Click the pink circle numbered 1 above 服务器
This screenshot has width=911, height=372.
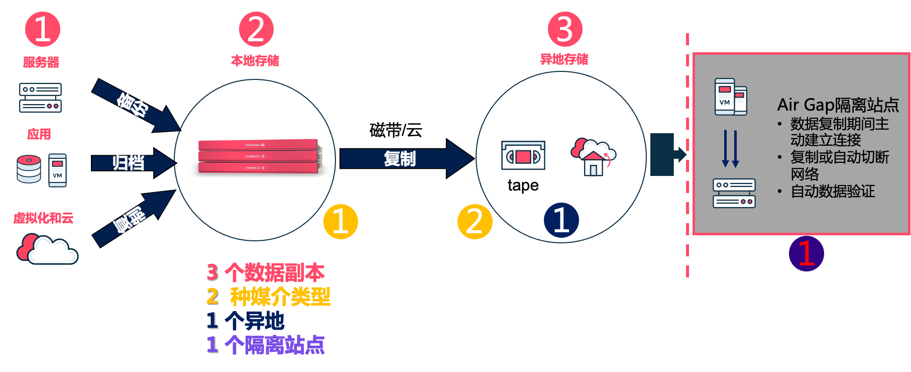tap(42, 29)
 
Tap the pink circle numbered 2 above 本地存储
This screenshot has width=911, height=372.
tap(256, 29)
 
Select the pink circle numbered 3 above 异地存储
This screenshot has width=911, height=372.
tap(565, 29)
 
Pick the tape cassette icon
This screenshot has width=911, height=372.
tap(523, 156)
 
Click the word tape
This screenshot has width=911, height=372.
tap(523, 185)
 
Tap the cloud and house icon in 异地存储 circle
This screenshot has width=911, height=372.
tap(593, 156)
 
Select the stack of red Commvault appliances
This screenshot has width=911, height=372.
tap(259, 156)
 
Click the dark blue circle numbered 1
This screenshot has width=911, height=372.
tap(561, 220)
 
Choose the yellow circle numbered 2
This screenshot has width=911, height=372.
tap(475, 221)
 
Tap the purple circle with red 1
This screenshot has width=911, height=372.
tap(806, 253)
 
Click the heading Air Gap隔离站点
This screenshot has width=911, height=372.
tap(838, 105)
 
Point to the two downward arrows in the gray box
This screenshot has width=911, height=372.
tap(730, 149)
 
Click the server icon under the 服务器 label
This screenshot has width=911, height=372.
tap(40, 98)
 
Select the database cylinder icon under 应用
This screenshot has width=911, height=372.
tap(29, 169)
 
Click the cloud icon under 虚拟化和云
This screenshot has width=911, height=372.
tap(47, 248)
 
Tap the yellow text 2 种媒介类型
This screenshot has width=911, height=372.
tap(268, 296)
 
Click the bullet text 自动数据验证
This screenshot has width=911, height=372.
tap(832, 191)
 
